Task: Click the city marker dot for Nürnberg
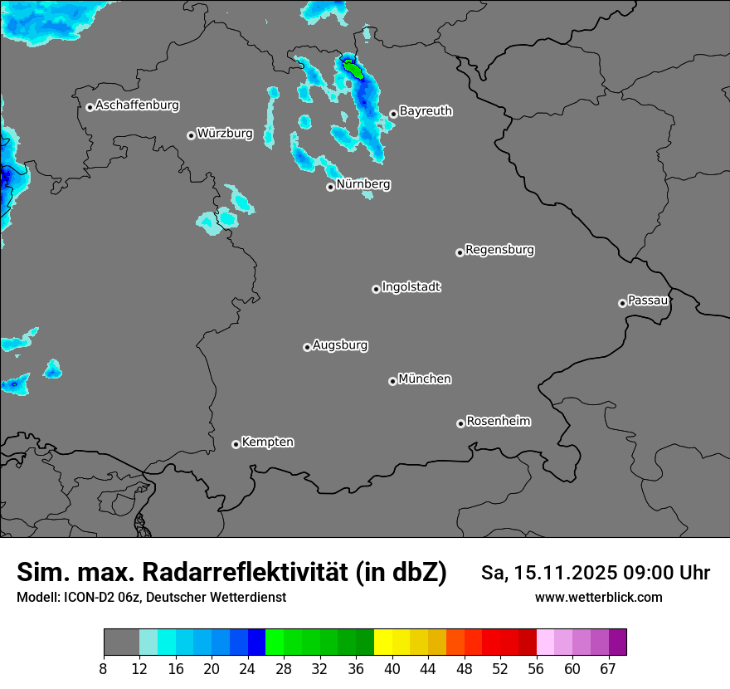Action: (330, 187)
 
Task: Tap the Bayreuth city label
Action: (426, 111)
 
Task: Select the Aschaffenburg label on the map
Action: (137, 105)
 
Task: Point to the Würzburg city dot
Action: (191, 135)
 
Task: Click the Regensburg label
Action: (499, 250)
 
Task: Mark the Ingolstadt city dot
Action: (376, 289)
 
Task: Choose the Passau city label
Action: (648, 301)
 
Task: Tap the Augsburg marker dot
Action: (307, 347)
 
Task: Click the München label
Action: (425, 379)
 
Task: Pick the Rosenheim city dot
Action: (460, 424)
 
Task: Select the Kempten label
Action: (267, 442)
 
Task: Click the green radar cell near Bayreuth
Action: (353, 69)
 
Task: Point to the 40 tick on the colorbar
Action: (392, 669)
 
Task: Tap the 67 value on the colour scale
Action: (608, 669)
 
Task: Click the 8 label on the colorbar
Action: (104, 669)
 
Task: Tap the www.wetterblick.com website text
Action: (599, 597)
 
